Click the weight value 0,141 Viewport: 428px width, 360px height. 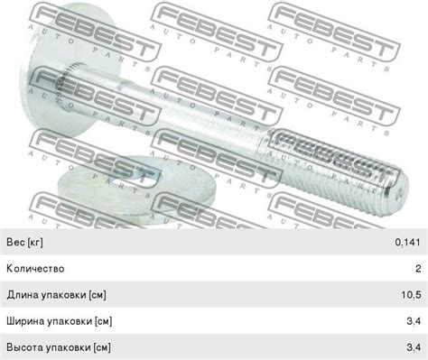click(407, 242)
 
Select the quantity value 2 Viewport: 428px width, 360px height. click(418, 268)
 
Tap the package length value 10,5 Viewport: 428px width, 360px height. click(411, 295)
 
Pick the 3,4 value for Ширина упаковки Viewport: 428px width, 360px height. click(414, 321)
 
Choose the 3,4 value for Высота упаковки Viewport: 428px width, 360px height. click(414, 347)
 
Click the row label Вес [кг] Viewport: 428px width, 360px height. click(24, 242)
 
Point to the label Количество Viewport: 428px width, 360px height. click(35, 268)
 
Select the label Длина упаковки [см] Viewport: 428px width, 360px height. click(56, 295)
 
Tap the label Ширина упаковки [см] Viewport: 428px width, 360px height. click(60, 321)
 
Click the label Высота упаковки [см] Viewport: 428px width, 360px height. click(59, 347)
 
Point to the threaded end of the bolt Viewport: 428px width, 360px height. click(337, 171)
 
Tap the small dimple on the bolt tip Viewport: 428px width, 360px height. click(399, 196)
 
